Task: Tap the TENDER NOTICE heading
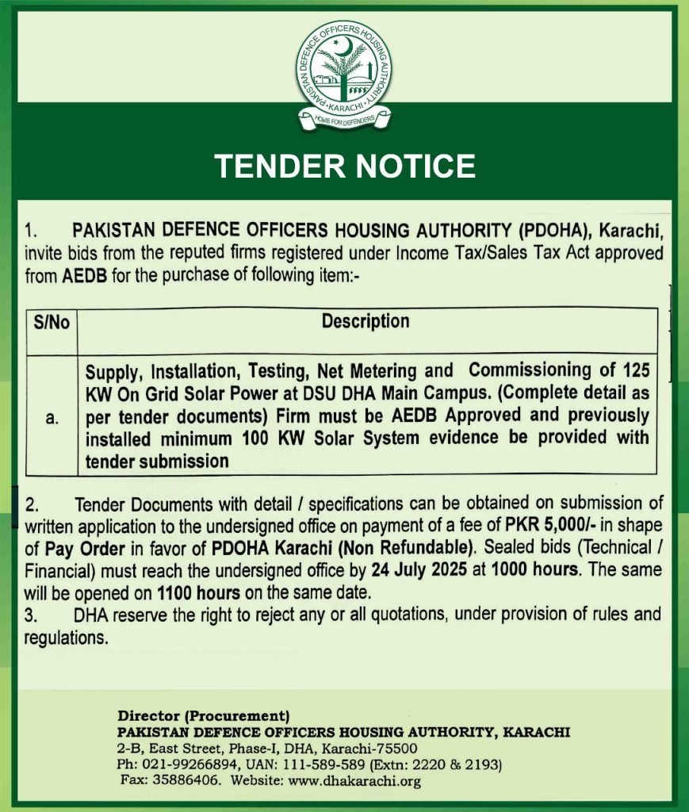coord(345,167)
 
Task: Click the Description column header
coord(366,321)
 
